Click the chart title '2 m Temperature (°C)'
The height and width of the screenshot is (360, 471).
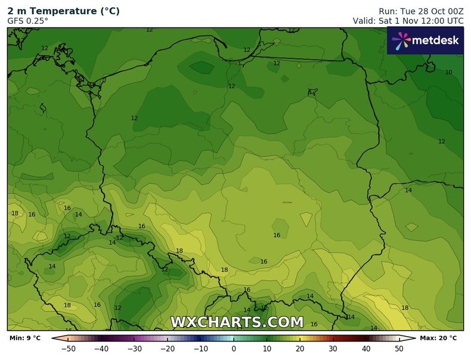63,11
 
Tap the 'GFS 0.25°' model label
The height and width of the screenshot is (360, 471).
28,21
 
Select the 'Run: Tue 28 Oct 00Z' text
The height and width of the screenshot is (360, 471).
421,11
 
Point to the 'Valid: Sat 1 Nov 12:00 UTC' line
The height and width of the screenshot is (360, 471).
408,21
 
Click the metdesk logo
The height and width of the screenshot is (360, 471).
425,41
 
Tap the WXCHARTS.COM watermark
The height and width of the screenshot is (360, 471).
237,322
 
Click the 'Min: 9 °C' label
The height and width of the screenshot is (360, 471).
25,339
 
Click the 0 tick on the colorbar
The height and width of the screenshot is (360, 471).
234,349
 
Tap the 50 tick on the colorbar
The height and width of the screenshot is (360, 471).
398,349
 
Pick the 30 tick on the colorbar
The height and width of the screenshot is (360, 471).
332,349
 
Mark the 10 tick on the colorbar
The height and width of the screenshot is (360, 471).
267,349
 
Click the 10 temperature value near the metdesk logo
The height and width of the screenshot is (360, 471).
448,72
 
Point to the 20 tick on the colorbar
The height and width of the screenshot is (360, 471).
299,349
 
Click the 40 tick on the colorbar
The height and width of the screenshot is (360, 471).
365,349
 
